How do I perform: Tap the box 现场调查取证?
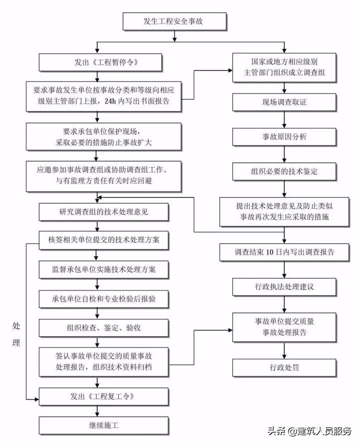pyautogui.click(x=283, y=102)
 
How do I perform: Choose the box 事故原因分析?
pyautogui.click(x=283, y=136)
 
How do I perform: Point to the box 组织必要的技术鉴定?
pyautogui.click(x=283, y=171)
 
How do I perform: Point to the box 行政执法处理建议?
pyautogui.click(x=283, y=286)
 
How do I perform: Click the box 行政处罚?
pyautogui.click(x=283, y=367)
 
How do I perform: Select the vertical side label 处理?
pyautogui.click(x=16, y=334)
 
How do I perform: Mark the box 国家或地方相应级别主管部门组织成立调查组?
pyautogui.click(x=283, y=67)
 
